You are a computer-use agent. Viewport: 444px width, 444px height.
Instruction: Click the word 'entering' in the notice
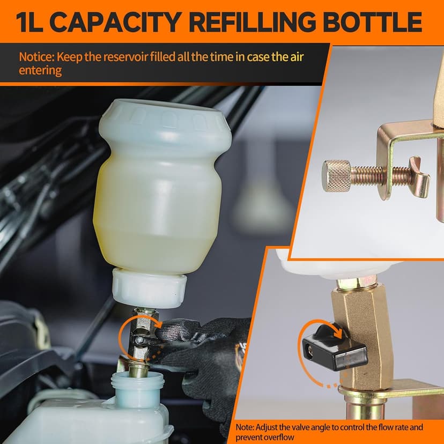click(40, 70)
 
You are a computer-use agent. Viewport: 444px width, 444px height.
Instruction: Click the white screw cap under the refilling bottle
click(149, 288)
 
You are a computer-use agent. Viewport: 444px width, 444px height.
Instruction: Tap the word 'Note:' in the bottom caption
click(248, 427)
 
